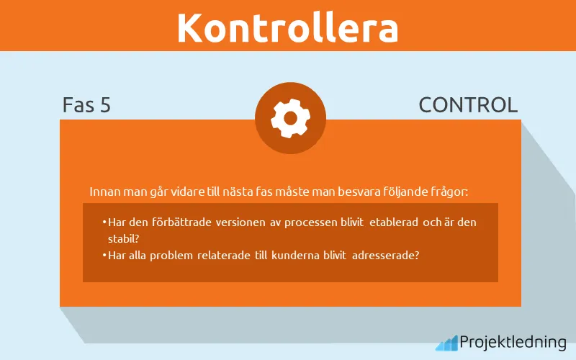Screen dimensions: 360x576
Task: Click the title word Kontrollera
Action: click(287, 27)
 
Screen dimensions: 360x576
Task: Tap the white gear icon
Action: click(290, 118)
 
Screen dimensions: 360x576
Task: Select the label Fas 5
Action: click(86, 105)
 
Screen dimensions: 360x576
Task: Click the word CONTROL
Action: click(468, 105)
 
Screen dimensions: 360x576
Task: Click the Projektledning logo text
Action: click(513, 342)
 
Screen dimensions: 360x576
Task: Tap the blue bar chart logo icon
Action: click(446, 343)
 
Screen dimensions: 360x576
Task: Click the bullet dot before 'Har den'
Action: click(104, 222)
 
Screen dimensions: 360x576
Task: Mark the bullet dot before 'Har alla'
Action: click(104, 254)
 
